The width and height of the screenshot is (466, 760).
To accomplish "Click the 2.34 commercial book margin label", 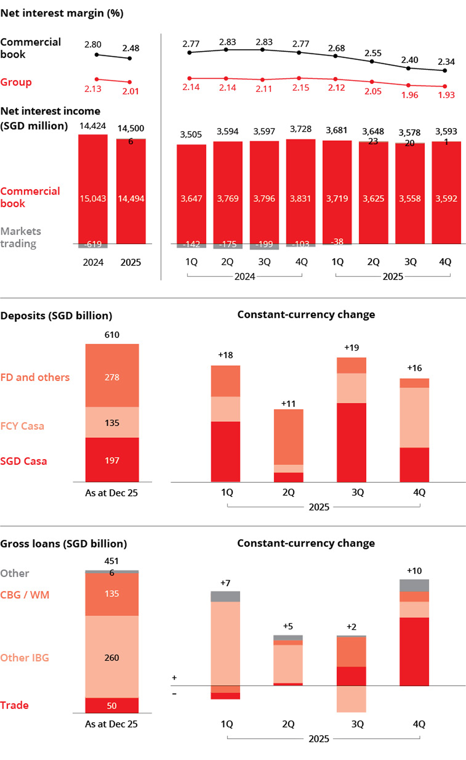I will (x=446, y=62).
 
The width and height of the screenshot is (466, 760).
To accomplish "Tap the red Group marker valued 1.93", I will (x=445, y=86).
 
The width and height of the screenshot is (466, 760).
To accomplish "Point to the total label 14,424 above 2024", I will (x=92, y=126).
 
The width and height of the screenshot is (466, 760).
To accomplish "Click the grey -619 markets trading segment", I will (x=93, y=246).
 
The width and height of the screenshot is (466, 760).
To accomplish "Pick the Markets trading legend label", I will (x=20, y=237).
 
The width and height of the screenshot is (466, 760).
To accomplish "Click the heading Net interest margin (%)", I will (x=62, y=13).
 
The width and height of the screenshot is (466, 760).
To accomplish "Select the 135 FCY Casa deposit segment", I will (x=112, y=423).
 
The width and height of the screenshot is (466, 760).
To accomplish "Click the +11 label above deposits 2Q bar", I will (x=288, y=404).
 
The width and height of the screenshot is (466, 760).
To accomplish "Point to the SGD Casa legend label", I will (x=23, y=461).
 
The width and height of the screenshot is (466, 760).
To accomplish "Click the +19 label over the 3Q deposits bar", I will (x=352, y=348).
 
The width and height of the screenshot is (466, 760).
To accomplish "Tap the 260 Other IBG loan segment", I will (x=112, y=657).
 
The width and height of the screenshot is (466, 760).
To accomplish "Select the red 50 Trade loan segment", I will (x=112, y=705).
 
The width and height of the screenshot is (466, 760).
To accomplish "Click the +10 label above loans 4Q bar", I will (x=414, y=571).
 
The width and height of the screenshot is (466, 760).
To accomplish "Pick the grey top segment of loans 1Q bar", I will (x=225, y=596).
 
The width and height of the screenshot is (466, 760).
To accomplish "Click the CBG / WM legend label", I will (x=25, y=595).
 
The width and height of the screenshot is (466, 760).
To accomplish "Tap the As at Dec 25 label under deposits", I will (x=111, y=493).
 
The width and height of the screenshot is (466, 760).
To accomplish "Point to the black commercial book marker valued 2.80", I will (x=97, y=55).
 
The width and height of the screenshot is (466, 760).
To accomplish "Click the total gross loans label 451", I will (x=111, y=561).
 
